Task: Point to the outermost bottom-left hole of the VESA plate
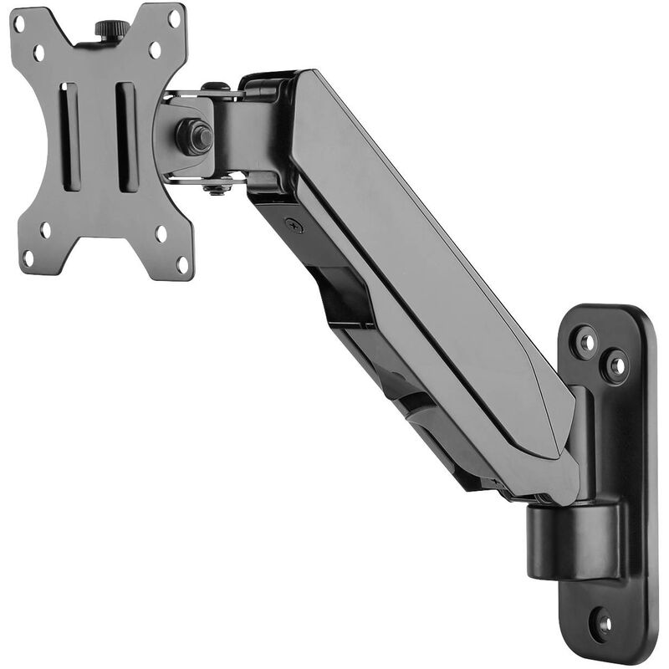click(x=28, y=259)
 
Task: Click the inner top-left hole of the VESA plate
click(x=39, y=53)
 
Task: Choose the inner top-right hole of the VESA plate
click(x=154, y=48)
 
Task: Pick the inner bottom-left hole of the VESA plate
click(x=45, y=229)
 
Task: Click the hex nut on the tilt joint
click(x=193, y=136)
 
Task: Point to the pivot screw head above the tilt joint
click(x=215, y=87)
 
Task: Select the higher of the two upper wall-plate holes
click(x=586, y=341)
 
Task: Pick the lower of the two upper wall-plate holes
click(x=616, y=365)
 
